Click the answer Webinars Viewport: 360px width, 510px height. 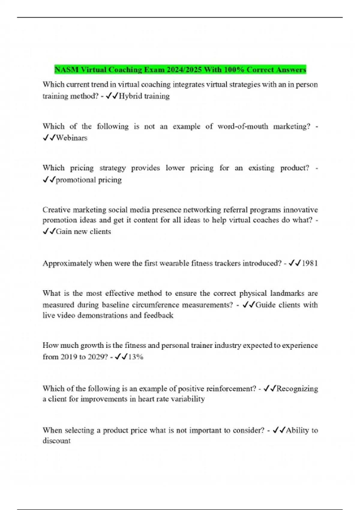point(72,138)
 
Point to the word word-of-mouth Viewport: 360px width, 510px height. point(243,126)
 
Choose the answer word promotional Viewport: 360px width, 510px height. point(76,180)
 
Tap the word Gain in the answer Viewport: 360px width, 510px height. point(64,232)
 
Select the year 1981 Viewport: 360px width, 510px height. point(310,263)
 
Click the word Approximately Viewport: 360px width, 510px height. point(67,263)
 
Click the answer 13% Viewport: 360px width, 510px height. point(136,357)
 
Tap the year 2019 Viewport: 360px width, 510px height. point(69,357)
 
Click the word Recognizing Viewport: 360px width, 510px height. point(297,389)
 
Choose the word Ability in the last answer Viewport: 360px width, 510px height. point(297,430)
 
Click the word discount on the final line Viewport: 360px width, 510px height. point(56,441)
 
